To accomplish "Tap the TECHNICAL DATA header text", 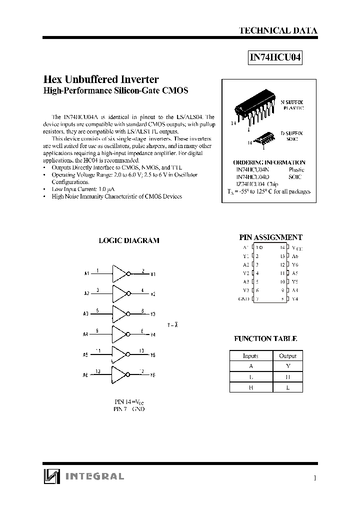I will coord(278,30).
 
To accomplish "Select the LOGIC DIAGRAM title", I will coord(129,240).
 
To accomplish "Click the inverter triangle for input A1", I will coord(120,273).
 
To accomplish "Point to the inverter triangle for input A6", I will coord(120,374).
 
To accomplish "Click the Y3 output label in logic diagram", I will coord(153,314).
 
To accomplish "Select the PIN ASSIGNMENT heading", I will coord(270,237).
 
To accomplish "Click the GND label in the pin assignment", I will coord(243,299).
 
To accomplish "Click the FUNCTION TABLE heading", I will coord(265,338).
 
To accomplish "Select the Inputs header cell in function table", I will coord(250,356).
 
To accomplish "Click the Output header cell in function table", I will coord(287,356).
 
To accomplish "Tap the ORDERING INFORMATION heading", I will coord(269,162).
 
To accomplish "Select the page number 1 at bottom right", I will coord(314,478).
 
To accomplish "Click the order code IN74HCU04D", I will coord(252,177).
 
